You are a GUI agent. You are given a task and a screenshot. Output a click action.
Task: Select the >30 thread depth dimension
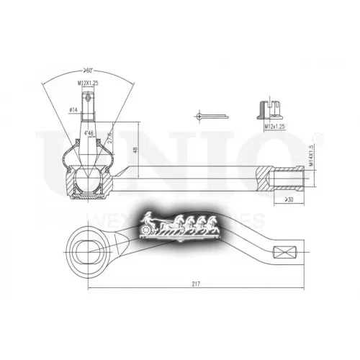tap(289, 199)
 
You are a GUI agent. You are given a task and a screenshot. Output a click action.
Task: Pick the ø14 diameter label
tap(73, 109)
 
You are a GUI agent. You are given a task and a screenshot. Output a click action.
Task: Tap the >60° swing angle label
tap(89, 71)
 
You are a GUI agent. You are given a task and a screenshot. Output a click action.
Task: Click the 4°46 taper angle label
tap(89, 134)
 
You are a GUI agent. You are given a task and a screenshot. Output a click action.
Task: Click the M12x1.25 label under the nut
tap(275, 125)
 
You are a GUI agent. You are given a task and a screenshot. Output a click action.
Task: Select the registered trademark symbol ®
tap(319, 136)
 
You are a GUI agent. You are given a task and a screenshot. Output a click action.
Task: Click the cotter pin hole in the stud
tap(89, 101)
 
